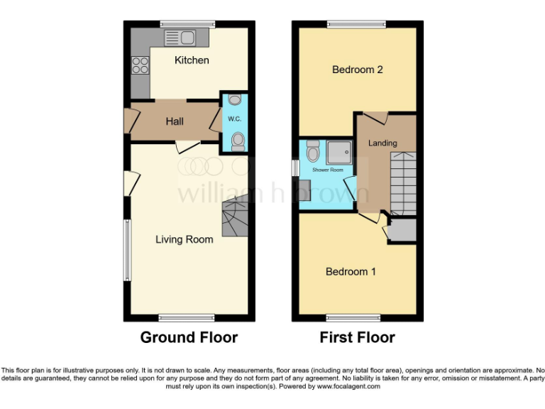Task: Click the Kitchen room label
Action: pos(192,60)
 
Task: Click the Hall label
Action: pos(175,121)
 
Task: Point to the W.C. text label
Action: pos(234,118)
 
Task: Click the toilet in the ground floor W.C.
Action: pos(237,141)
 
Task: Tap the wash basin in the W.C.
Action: pos(236,99)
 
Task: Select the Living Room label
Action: pos(184,239)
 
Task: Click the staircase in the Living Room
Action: pos(235,218)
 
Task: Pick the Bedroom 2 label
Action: pos(358,70)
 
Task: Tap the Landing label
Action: pos(382,143)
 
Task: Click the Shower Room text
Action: pos(328,170)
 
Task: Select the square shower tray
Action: pos(338,151)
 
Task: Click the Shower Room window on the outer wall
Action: pos(296,168)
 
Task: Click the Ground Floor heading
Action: pos(189,337)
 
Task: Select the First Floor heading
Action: pos(357,337)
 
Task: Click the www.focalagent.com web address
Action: pos(348,387)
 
